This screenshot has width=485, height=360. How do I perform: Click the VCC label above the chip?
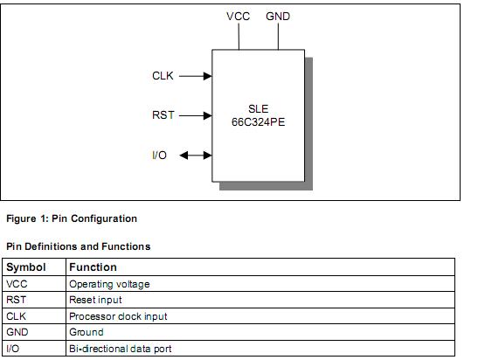[x=238, y=17]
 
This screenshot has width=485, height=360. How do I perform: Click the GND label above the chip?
[x=278, y=17]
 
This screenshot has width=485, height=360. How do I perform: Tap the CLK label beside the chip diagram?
[x=163, y=76]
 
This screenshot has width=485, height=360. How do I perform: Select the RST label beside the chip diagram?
[x=163, y=115]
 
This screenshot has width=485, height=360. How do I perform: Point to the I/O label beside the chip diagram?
[x=159, y=156]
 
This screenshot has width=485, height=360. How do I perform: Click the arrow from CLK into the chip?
[x=196, y=76]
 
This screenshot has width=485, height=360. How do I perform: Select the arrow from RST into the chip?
[x=196, y=115]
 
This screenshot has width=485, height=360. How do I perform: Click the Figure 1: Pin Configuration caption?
[x=71, y=218]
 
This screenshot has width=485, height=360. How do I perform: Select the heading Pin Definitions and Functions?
[x=78, y=246]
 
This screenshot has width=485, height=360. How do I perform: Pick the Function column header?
[x=93, y=267]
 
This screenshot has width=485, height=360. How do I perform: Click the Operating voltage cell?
[x=109, y=284]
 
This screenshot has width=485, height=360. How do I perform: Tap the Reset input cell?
[x=96, y=300]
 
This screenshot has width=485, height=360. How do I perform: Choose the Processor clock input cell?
[x=118, y=316]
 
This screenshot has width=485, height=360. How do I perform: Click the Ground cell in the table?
[x=86, y=332]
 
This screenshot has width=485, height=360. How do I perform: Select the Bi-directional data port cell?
[x=121, y=349]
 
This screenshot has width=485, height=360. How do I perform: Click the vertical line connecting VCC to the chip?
[x=238, y=37]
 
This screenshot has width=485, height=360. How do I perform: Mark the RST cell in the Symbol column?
[x=17, y=300]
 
